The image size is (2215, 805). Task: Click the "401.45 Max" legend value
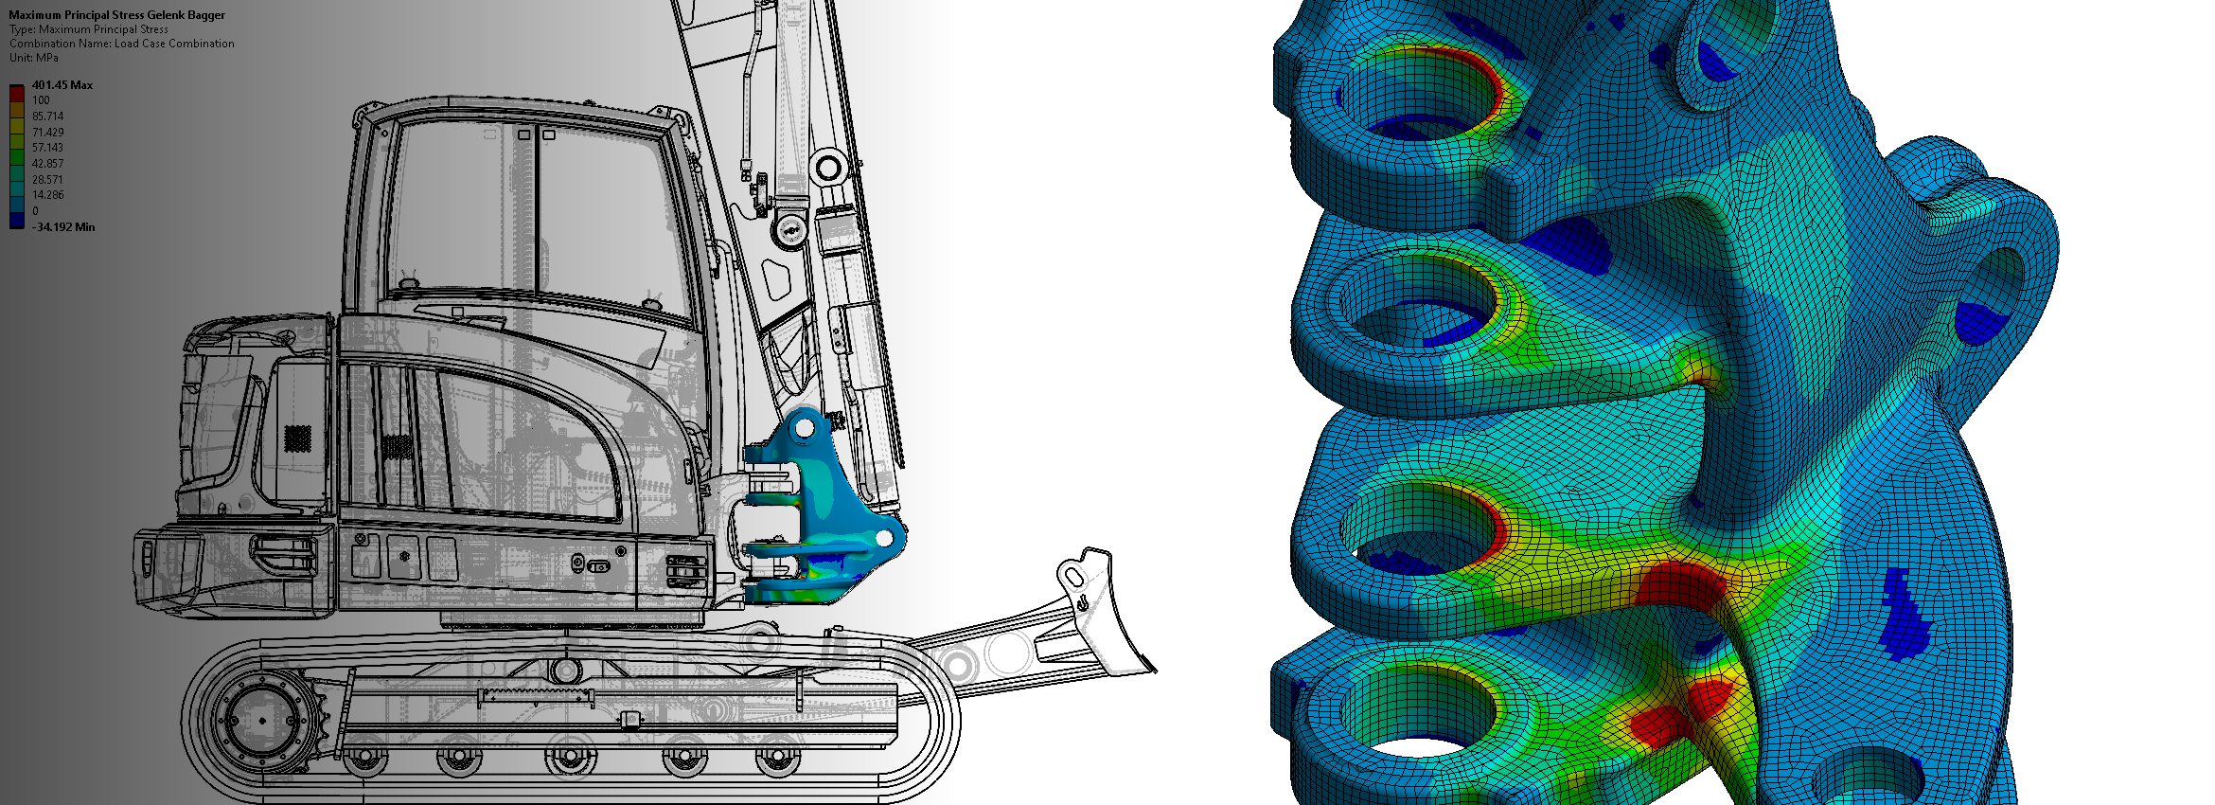[x=62, y=85]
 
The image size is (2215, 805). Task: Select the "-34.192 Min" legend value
[x=63, y=227]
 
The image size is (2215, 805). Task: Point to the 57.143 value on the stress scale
[x=47, y=148]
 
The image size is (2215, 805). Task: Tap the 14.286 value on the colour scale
[x=48, y=195]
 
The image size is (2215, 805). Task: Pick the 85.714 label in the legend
[x=48, y=116]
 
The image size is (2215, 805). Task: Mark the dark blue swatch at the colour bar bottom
[x=17, y=220]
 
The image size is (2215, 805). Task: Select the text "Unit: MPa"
[x=34, y=58]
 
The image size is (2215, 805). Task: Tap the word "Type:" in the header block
[x=23, y=29]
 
